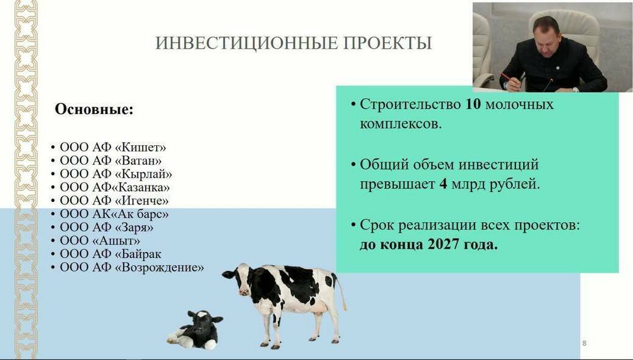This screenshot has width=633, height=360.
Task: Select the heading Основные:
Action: point(94,110)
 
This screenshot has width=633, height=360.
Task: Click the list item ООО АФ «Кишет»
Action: point(113,147)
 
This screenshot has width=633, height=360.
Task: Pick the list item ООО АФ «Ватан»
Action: point(110,160)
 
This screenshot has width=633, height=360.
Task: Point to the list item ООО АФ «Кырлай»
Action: point(116,174)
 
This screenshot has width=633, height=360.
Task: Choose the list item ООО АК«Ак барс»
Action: point(114,214)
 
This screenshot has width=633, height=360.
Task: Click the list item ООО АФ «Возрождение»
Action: point(132,267)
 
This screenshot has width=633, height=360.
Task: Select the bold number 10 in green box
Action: point(473,104)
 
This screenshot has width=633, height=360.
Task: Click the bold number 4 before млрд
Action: point(443,184)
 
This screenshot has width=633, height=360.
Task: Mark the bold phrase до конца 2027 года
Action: point(429,245)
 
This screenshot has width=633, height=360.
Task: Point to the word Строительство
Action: point(410,104)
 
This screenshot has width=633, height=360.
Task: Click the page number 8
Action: point(584,344)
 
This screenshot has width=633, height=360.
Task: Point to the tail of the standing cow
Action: point(342,293)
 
